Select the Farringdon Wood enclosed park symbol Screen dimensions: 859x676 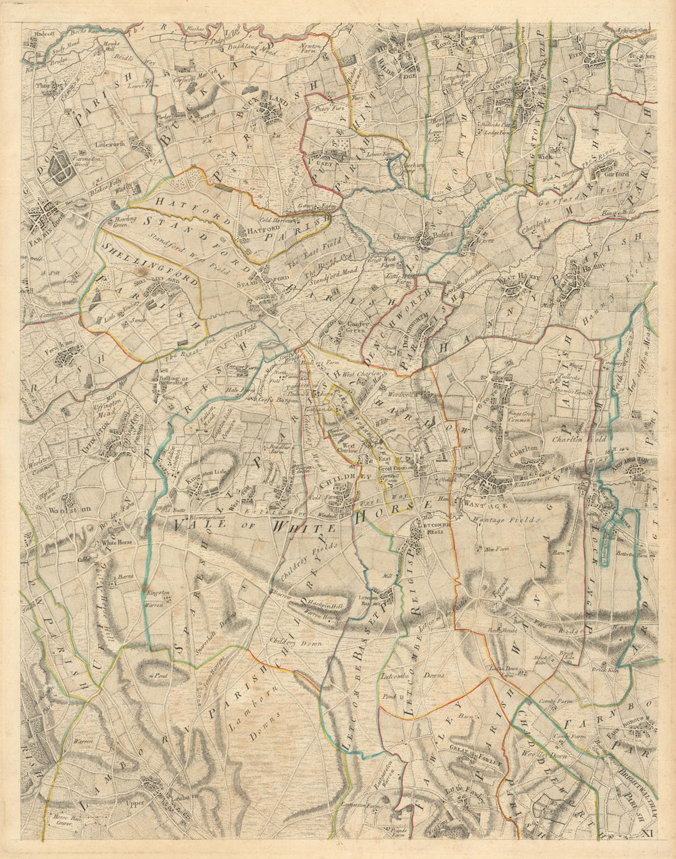point(62,165)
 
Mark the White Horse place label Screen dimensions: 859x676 point(115,542)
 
